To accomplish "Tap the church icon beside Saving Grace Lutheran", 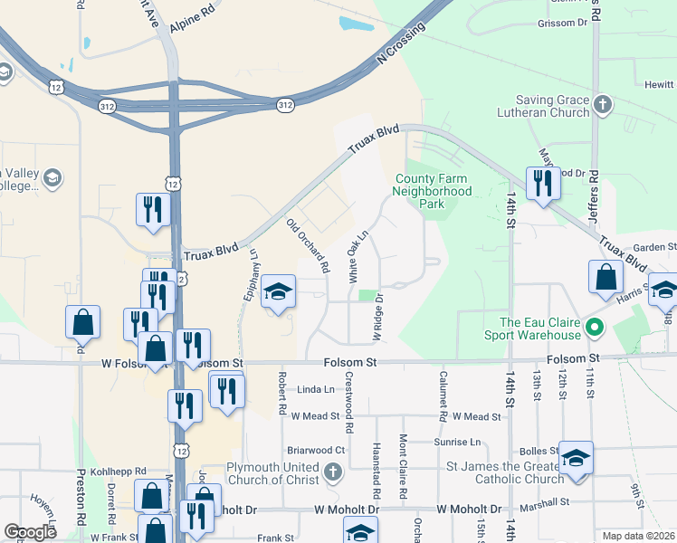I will pyautogui.click(x=604, y=106).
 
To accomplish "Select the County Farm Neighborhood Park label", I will pyautogui.click(x=433, y=191).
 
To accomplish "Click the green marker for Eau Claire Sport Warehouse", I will pyautogui.click(x=595, y=326).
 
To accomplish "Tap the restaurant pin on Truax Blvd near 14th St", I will pyautogui.click(x=543, y=184).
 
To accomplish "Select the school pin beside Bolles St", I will pyautogui.click(x=575, y=457).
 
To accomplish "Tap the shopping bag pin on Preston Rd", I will pyautogui.click(x=82, y=321).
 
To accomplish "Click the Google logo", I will pyautogui.click(x=30, y=532).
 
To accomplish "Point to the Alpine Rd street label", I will pyautogui.click(x=192, y=22).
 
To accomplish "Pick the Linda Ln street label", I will pyautogui.click(x=316, y=389).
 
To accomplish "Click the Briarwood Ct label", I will pyautogui.click(x=316, y=450).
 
